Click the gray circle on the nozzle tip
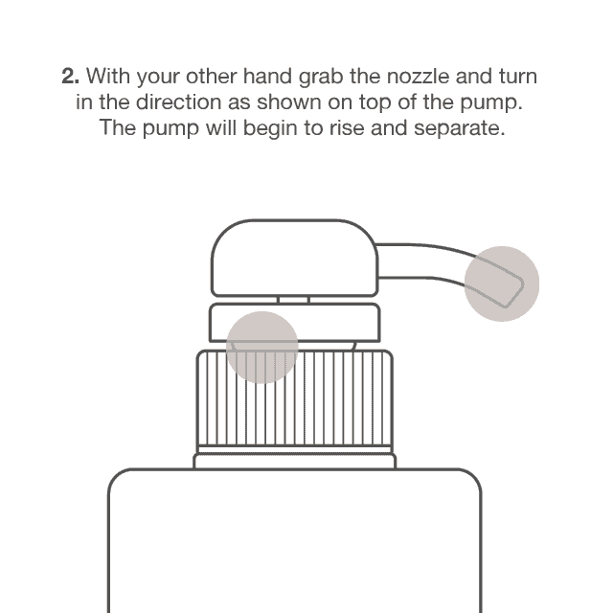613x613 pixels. click(x=501, y=283)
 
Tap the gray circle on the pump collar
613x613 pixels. click(x=261, y=345)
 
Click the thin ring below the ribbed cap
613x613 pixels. click(x=294, y=462)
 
